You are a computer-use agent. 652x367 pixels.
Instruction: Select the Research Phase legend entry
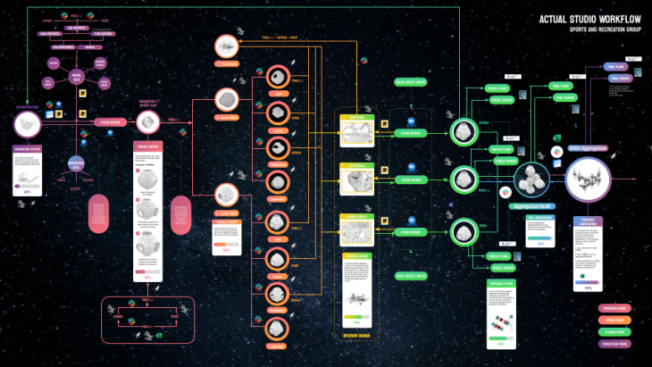click(614, 308)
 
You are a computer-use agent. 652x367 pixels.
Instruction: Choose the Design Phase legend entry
click(614, 320)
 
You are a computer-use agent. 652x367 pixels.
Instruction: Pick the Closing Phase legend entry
click(614, 331)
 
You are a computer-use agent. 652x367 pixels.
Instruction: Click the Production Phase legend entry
click(614, 343)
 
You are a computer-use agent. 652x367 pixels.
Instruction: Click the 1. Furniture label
click(230, 64)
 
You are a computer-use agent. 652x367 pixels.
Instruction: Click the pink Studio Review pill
click(110, 121)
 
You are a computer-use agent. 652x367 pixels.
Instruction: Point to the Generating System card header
click(33, 149)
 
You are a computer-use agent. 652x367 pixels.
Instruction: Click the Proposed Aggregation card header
click(588, 220)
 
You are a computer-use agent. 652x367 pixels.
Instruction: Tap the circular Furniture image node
click(230, 46)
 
